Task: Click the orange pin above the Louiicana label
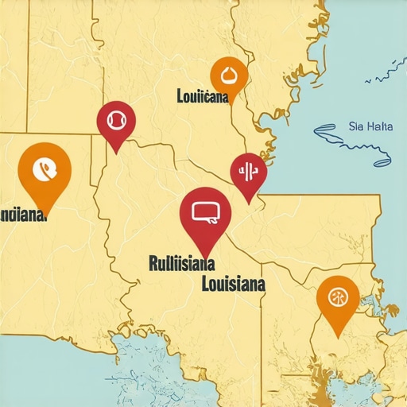pos(229,76)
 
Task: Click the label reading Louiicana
pos(203,97)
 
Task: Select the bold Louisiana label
pos(234,282)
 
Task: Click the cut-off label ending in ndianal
pos(22,215)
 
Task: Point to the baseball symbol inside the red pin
pos(116,119)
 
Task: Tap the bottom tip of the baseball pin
pos(117,153)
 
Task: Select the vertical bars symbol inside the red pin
pos(248,171)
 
